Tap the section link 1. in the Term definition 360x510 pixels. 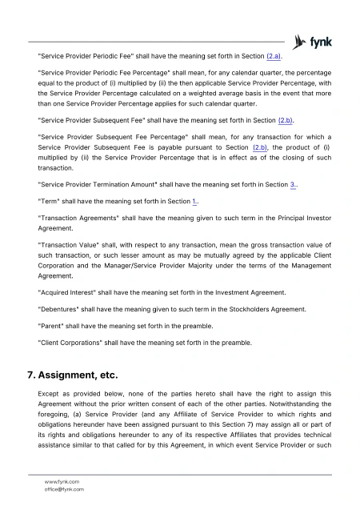pos(196,201)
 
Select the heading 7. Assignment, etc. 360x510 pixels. pos(73,375)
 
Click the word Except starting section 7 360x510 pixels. pos(50,395)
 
